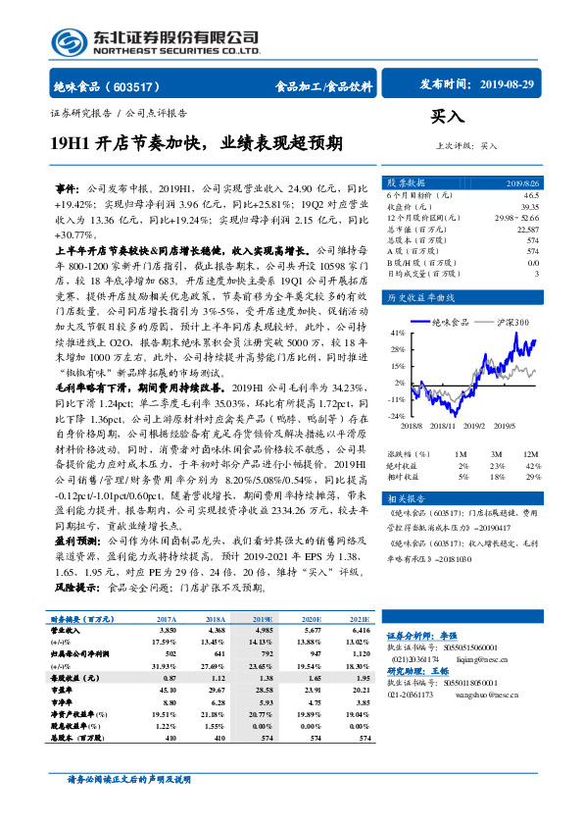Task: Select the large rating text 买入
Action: (x=449, y=118)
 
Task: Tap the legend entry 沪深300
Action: (x=508, y=322)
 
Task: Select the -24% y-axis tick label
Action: (x=396, y=416)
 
